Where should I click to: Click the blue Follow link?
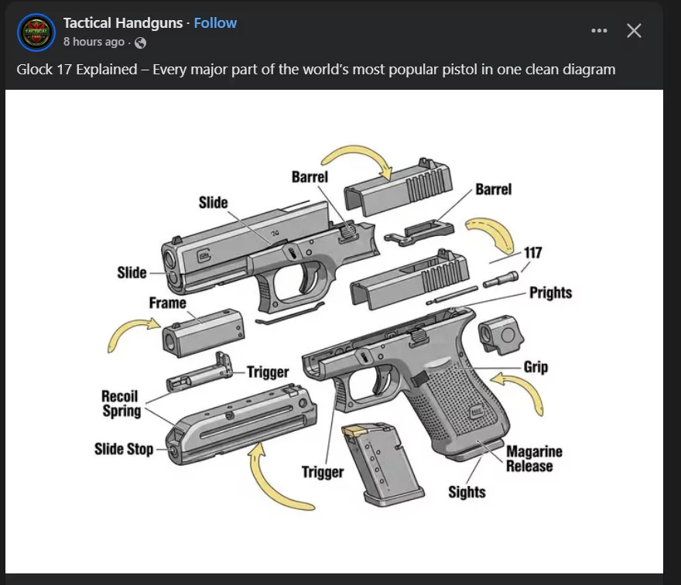pyautogui.click(x=215, y=22)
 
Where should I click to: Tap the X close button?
pyautogui.click(x=634, y=30)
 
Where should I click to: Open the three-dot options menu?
pyautogui.click(x=599, y=30)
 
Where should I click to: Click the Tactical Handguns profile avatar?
pyautogui.click(x=36, y=32)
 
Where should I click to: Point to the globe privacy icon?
pyautogui.click(x=140, y=43)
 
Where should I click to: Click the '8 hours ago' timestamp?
pyautogui.click(x=94, y=42)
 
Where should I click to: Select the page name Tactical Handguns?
pyautogui.click(x=123, y=22)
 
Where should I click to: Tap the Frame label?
pyautogui.click(x=168, y=303)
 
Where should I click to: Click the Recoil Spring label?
pyautogui.click(x=121, y=403)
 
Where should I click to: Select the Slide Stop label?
pyautogui.click(x=124, y=449)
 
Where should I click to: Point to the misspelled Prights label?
pyautogui.click(x=550, y=293)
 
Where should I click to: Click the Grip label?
pyautogui.click(x=536, y=367)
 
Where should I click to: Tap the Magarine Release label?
pyautogui.click(x=534, y=459)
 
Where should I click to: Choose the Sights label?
pyautogui.click(x=467, y=492)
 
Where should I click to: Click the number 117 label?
pyautogui.click(x=533, y=253)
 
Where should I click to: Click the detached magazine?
pyautogui.click(x=382, y=465)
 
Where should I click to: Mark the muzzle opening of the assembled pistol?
pyautogui.click(x=169, y=260)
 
